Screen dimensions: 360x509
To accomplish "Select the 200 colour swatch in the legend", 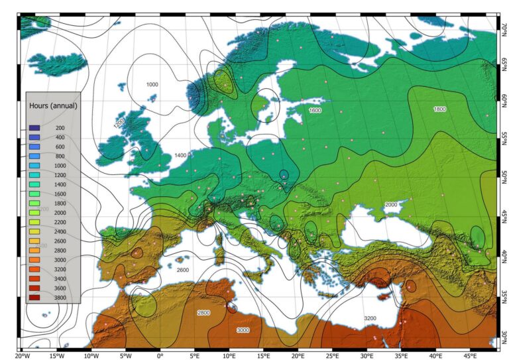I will tap(34, 127).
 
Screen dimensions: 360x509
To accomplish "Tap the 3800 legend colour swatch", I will tap(34, 298).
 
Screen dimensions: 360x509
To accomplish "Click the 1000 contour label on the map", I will tap(152, 85).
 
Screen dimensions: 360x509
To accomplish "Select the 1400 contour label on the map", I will tap(180, 155).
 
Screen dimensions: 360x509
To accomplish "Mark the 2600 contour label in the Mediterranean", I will tap(183, 270).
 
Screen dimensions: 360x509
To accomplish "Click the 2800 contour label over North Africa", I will tap(203, 312).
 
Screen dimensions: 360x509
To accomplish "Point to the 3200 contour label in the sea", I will tap(370, 319).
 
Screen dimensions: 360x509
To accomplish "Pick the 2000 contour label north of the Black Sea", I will tap(391, 205).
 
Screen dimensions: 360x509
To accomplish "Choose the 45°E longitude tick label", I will tap(469, 355).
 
